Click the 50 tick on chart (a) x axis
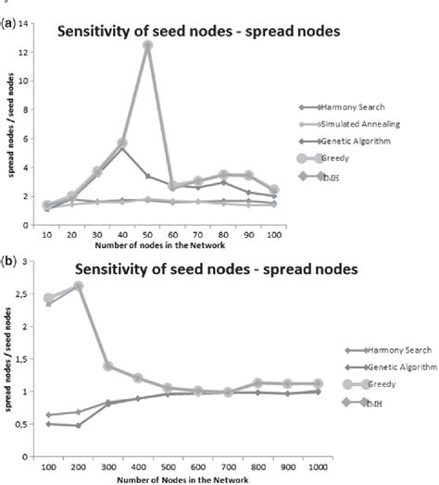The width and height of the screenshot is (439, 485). coord(146,235)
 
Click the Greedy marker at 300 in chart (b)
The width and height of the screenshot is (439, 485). coord(107,367)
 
